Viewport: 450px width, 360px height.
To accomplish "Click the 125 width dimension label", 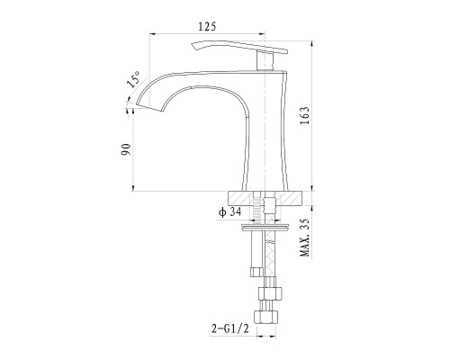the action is coord(207,26).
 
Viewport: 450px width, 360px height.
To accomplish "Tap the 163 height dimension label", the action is coord(304,116).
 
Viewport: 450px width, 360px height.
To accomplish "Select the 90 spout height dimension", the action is coord(126,149).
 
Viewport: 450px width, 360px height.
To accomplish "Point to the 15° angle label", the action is coord(133,79).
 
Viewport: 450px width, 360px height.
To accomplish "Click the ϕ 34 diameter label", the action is coord(230,212).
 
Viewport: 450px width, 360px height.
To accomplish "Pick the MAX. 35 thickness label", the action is coord(304,238).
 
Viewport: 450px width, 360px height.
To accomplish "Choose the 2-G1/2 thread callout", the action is coord(230,329).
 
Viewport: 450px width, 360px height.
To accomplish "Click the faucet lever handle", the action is coord(239,47).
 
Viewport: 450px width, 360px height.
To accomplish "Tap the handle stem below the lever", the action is coord(265,61).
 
